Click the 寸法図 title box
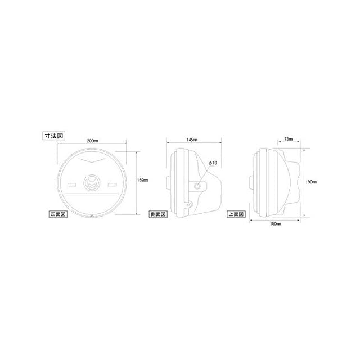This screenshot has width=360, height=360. (54, 136)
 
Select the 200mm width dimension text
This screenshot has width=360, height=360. (92, 141)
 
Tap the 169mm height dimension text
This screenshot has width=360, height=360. (142, 180)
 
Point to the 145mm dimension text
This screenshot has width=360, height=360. (192, 139)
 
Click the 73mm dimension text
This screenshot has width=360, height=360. (289, 139)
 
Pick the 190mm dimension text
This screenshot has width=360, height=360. (311, 182)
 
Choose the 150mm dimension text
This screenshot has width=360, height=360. (275, 224)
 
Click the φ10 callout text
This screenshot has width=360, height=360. (213, 163)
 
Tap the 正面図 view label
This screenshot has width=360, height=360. (58, 214)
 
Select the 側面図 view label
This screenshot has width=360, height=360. (158, 214)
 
